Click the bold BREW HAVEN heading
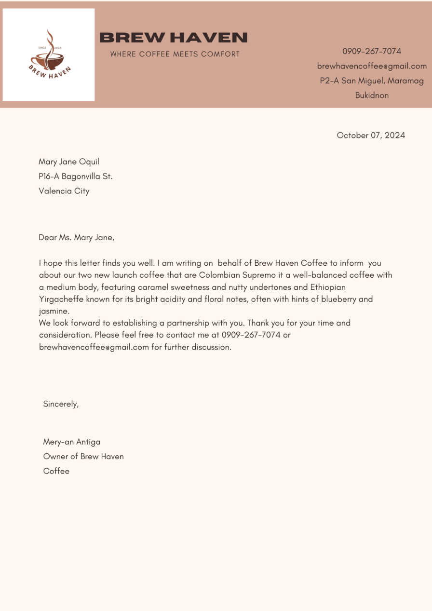(173, 38)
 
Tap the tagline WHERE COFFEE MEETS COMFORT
(175, 54)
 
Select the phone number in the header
(372, 51)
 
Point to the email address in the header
(372, 66)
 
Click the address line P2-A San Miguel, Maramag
(372, 81)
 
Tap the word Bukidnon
(372, 95)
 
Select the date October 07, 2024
(371, 135)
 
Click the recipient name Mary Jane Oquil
(69, 162)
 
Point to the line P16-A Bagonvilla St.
(75, 176)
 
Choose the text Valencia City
(64, 190)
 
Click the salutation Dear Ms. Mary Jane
(76, 237)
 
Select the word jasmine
(54, 311)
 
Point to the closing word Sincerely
(61, 404)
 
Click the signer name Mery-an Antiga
(72, 442)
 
